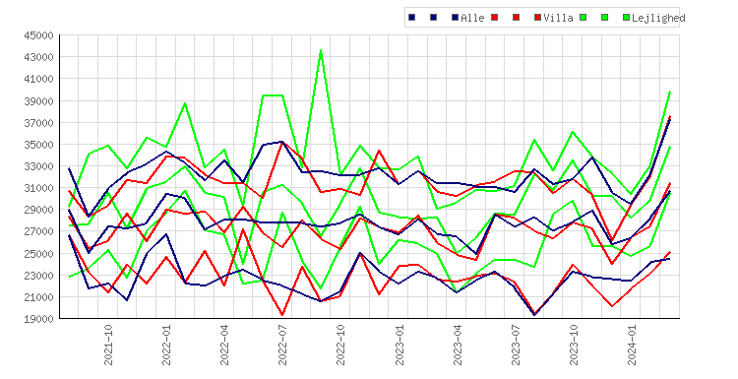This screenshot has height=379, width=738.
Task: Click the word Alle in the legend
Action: click(472, 18)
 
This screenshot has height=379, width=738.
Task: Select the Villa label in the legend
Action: click(558, 18)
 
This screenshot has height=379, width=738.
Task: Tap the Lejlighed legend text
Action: click(658, 18)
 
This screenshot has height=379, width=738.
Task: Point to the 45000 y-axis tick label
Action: click(39, 35)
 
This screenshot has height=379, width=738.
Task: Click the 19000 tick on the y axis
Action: click(39, 319)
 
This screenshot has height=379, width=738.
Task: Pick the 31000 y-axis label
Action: click(39, 188)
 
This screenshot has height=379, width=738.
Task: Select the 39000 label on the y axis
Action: click(39, 100)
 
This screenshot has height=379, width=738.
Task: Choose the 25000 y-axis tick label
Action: click(39, 253)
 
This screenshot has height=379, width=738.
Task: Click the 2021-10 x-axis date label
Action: click(108, 345)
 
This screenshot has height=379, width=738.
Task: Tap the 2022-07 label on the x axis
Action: click(282, 345)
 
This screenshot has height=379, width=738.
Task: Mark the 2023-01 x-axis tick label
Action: click(400, 345)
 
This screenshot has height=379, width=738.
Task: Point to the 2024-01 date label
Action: click(632, 345)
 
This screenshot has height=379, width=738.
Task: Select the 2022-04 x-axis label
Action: click(225, 345)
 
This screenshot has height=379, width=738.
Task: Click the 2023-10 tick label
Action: click(574, 345)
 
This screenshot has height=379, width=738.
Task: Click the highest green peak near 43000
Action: click(321, 50)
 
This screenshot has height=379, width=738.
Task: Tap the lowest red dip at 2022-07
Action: click(282, 314)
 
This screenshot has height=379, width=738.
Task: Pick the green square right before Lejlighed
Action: click(627, 18)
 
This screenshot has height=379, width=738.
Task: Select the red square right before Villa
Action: click(538, 18)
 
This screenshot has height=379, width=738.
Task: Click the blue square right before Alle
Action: click(456, 18)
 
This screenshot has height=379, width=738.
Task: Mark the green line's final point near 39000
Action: click(670, 92)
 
